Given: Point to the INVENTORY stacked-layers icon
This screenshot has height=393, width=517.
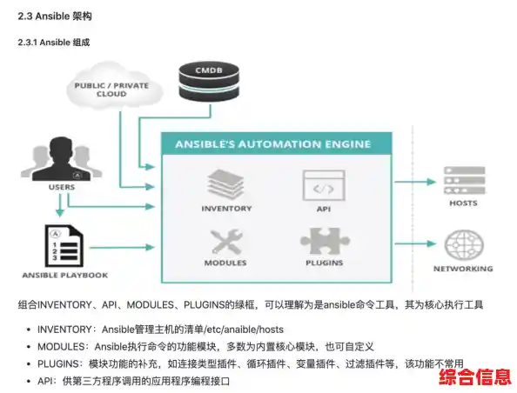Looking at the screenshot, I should tap(226, 184).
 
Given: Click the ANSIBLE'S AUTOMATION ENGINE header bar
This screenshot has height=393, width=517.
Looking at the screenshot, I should tap(272, 144).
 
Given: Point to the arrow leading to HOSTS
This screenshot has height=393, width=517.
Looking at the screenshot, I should tap(416, 183).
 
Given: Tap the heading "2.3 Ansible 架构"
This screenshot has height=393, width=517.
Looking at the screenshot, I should tap(54, 16).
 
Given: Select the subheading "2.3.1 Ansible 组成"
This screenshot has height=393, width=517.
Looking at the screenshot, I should tap(53, 42).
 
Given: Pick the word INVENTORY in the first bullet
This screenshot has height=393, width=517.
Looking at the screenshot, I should tap(64, 330).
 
